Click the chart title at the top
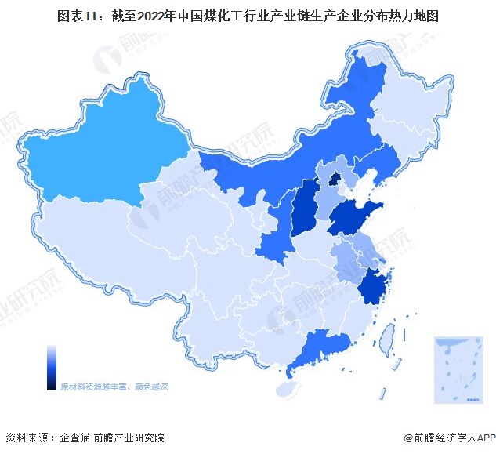tap(248, 13)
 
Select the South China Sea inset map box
tap(461, 369)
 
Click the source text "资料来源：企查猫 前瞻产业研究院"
tap(85, 438)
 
